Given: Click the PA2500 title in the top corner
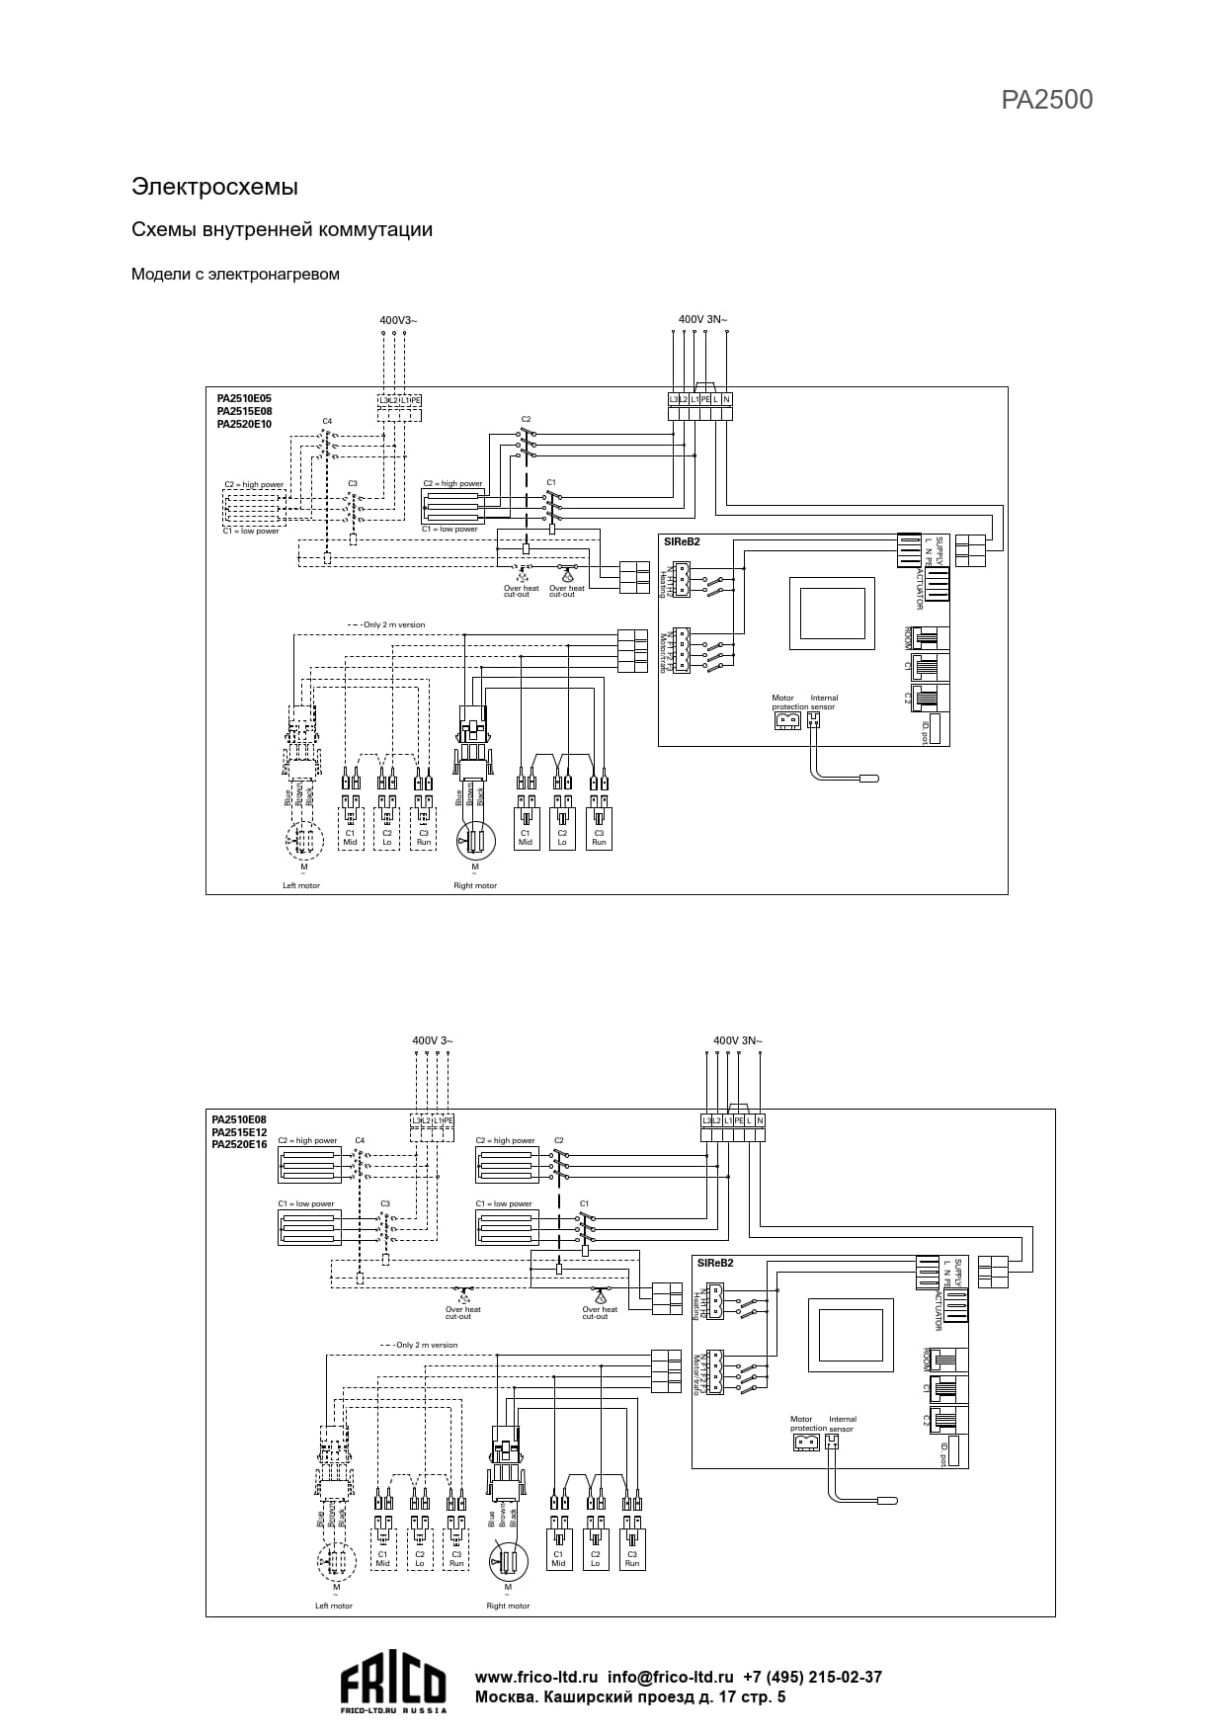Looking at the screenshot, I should (x=1046, y=100).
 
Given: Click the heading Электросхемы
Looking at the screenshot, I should (x=214, y=187).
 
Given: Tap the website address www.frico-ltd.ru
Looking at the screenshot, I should (x=536, y=1677).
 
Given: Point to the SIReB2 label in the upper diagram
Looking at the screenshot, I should (x=682, y=542).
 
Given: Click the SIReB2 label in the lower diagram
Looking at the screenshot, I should (x=715, y=1263).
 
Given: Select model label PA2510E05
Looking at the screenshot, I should (x=244, y=399).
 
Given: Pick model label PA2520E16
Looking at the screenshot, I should (x=239, y=1145).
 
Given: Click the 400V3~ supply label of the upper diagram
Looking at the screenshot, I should (x=398, y=320).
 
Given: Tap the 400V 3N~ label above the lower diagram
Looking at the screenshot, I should (x=737, y=1040).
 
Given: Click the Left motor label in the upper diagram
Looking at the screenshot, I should (x=301, y=885).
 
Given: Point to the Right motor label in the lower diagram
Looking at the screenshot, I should (x=508, y=1606).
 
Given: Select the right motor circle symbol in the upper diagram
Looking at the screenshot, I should (x=475, y=841).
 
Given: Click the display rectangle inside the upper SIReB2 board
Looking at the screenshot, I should (x=832, y=613).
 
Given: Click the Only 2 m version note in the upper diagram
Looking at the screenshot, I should (x=393, y=624).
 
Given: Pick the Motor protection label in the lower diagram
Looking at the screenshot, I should (x=808, y=1424).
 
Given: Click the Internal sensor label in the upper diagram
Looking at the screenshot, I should (x=823, y=702).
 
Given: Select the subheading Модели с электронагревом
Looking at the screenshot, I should (x=235, y=274).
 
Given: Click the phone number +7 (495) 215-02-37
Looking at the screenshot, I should (x=812, y=1677).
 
